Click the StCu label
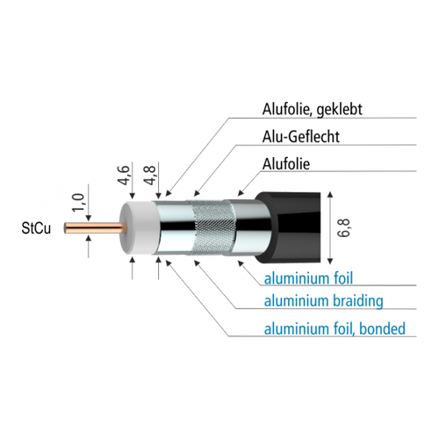click(x=36, y=228)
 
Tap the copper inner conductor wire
click(x=95, y=228)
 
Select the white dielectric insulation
click(x=139, y=227)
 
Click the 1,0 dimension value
click(x=78, y=202)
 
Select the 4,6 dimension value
click(x=124, y=175)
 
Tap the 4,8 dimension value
click(x=149, y=175)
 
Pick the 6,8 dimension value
click(x=343, y=227)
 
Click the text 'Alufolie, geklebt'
click(x=312, y=110)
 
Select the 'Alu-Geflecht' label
click(x=301, y=137)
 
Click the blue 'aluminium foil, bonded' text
click(x=335, y=328)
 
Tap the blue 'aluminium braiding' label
click(x=323, y=301)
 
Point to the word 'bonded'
click(x=382, y=328)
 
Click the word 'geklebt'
click(x=340, y=110)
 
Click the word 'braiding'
click(x=358, y=301)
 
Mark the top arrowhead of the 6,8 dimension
click(x=330, y=195)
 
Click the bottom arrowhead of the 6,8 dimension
click(x=330, y=261)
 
